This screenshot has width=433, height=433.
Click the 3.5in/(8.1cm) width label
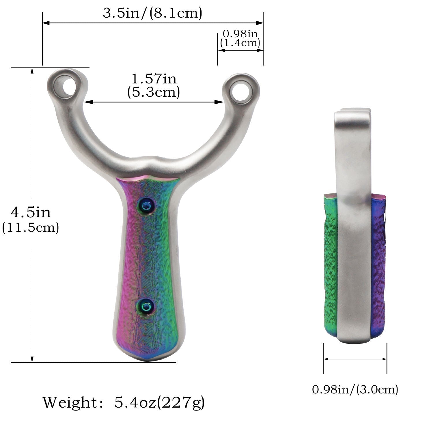(152, 13)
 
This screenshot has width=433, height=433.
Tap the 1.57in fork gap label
(154, 79)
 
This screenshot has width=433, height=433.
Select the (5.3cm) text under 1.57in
(154, 92)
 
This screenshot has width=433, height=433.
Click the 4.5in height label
(31, 213)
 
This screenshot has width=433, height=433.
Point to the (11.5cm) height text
(31, 228)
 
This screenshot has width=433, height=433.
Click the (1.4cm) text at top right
(240, 43)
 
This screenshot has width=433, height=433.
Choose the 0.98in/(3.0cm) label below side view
(355, 389)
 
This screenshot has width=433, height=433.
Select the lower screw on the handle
(146, 306)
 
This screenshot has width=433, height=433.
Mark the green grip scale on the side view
(330, 266)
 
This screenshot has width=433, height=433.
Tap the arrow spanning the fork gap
(154, 102)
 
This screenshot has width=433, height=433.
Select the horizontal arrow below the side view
(355, 359)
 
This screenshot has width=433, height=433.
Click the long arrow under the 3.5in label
(152, 23)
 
